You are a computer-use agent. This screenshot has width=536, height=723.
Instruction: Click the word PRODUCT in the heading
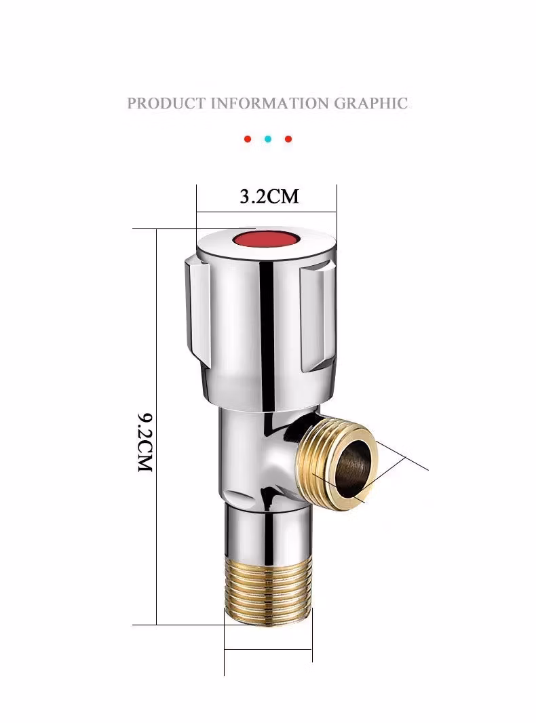click(x=166, y=103)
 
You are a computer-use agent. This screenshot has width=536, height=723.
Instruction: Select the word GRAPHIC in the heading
click(x=371, y=103)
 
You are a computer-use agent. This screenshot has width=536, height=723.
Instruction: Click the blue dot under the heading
click(x=268, y=139)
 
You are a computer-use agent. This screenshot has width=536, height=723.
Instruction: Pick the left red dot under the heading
click(x=248, y=139)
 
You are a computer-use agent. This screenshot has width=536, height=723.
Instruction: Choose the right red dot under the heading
click(x=288, y=139)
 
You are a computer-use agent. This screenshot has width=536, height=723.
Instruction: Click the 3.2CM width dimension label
click(x=269, y=197)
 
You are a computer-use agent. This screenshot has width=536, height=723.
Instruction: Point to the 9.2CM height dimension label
click(x=145, y=442)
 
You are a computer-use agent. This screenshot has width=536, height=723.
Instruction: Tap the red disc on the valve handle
click(x=266, y=241)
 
